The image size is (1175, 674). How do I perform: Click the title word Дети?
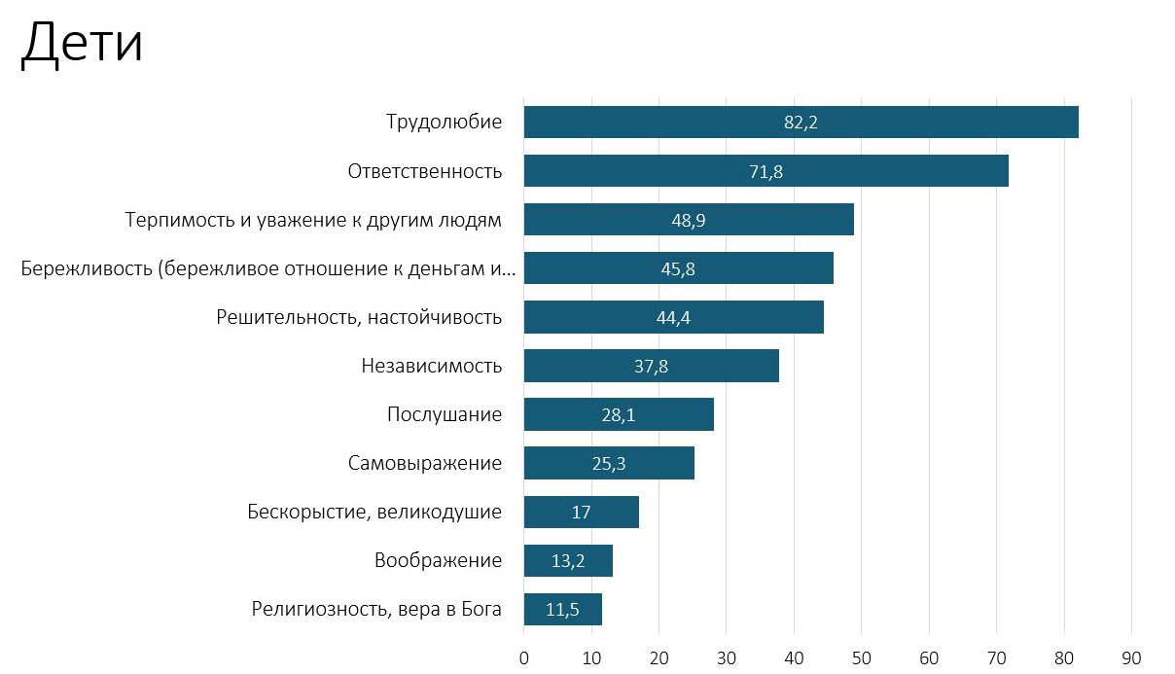(x=82, y=45)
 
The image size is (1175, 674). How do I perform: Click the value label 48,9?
(x=688, y=221)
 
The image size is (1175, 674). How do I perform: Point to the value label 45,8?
(x=677, y=269)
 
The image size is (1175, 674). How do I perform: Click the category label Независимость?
(x=431, y=367)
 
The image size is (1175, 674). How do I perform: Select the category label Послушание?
(x=445, y=415)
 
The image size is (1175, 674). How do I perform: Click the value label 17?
(x=581, y=513)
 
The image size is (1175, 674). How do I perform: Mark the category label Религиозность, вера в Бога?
(x=376, y=610)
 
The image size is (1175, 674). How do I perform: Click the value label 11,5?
(x=562, y=610)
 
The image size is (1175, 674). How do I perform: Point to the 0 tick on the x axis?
(x=524, y=656)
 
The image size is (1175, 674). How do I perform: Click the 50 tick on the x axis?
(x=861, y=656)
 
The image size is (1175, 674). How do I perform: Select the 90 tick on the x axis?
(x=1131, y=656)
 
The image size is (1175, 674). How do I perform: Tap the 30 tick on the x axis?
(x=727, y=656)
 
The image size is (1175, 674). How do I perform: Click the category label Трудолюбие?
(x=444, y=123)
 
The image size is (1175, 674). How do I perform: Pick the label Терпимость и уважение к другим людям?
(x=313, y=221)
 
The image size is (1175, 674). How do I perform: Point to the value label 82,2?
(x=801, y=123)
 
